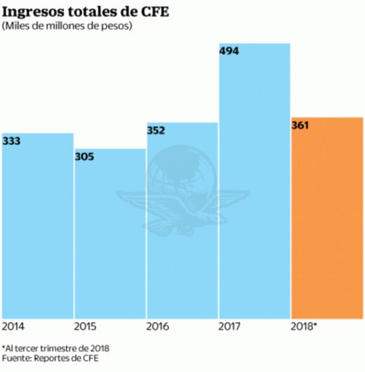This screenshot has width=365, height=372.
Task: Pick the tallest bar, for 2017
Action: tap(254, 180)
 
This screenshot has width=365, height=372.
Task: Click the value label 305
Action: tap(85, 157)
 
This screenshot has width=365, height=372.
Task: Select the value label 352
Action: tap(157, 131)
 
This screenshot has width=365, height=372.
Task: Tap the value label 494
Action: tap(229, 52)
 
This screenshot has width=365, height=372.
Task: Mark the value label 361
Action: tap(301, 126)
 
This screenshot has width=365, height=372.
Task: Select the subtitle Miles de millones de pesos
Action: tap(67, 26)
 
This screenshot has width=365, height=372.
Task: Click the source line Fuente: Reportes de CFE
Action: tap(49, 358)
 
